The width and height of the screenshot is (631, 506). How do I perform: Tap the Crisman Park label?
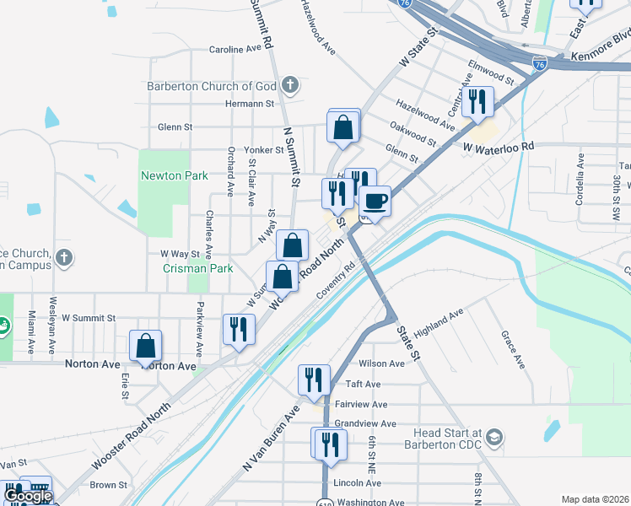(x=186, y=268)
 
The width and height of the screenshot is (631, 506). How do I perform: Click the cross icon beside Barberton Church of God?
(x=289, y=84)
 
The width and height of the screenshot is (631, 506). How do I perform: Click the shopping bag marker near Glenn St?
(x=344, y=128)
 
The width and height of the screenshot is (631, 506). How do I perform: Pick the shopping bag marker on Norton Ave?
(x=146, y=346)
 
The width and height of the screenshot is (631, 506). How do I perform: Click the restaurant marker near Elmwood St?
(x=478, y=102)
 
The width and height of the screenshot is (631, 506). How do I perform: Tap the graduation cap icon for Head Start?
(x=495, y=439)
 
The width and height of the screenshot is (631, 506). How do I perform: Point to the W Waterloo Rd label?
(x=499, y=146)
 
